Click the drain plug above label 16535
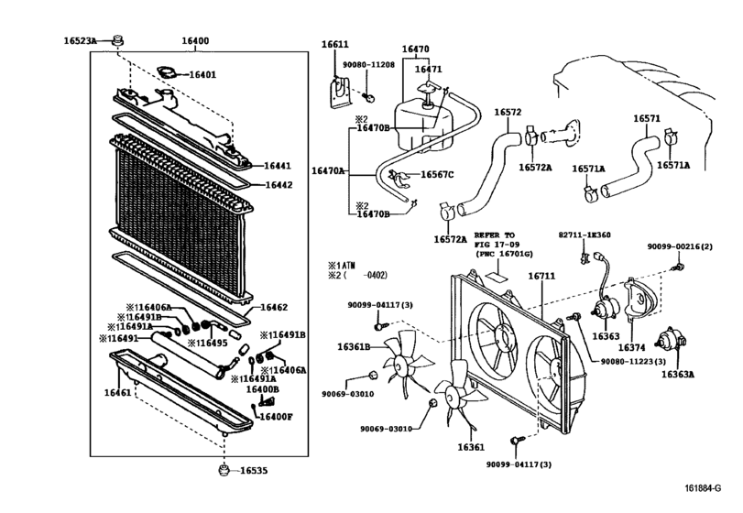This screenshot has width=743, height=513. tap(223, 471)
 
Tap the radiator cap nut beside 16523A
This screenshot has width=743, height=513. tap(118, 40)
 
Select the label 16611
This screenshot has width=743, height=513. tap(334, 44)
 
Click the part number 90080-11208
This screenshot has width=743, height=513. tap(368, 65)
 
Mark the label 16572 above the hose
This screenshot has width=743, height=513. tap(508, 113)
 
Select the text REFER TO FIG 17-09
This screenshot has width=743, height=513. tap(497, 241)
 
